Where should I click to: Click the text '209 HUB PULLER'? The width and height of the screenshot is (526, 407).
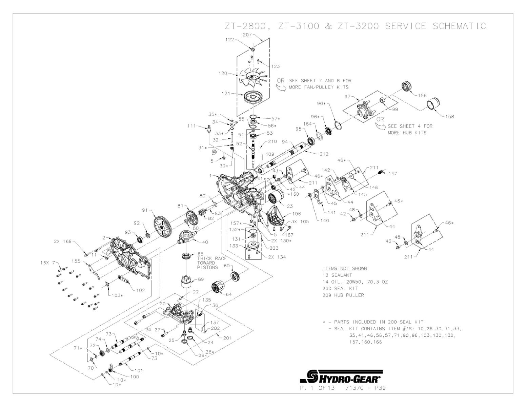[343, 295]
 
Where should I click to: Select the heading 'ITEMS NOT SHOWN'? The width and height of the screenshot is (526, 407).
[344, 269]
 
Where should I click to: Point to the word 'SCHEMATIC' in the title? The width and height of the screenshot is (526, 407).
[459, 26]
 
